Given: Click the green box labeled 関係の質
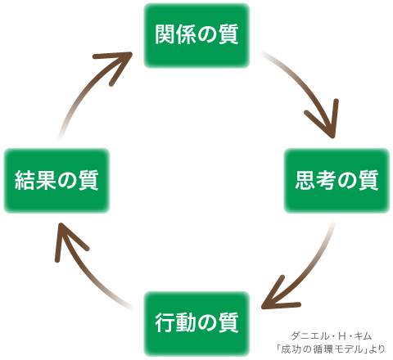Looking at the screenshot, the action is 196,35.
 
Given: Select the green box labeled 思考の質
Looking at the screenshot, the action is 337,181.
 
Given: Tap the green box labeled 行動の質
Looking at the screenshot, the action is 196,324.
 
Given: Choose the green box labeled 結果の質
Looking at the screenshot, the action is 56,181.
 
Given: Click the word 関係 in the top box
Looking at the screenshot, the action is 175,34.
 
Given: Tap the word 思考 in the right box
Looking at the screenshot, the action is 316,180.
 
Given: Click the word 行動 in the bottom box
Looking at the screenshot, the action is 175,322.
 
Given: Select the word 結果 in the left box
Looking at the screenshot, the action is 35,180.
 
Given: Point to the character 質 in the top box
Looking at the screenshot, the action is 228,34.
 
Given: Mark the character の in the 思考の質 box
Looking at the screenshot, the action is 347,181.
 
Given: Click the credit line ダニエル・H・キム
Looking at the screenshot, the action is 332,336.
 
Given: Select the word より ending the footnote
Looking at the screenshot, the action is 378,349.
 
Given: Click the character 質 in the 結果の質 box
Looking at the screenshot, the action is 88,180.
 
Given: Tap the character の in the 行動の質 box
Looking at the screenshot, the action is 207,323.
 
